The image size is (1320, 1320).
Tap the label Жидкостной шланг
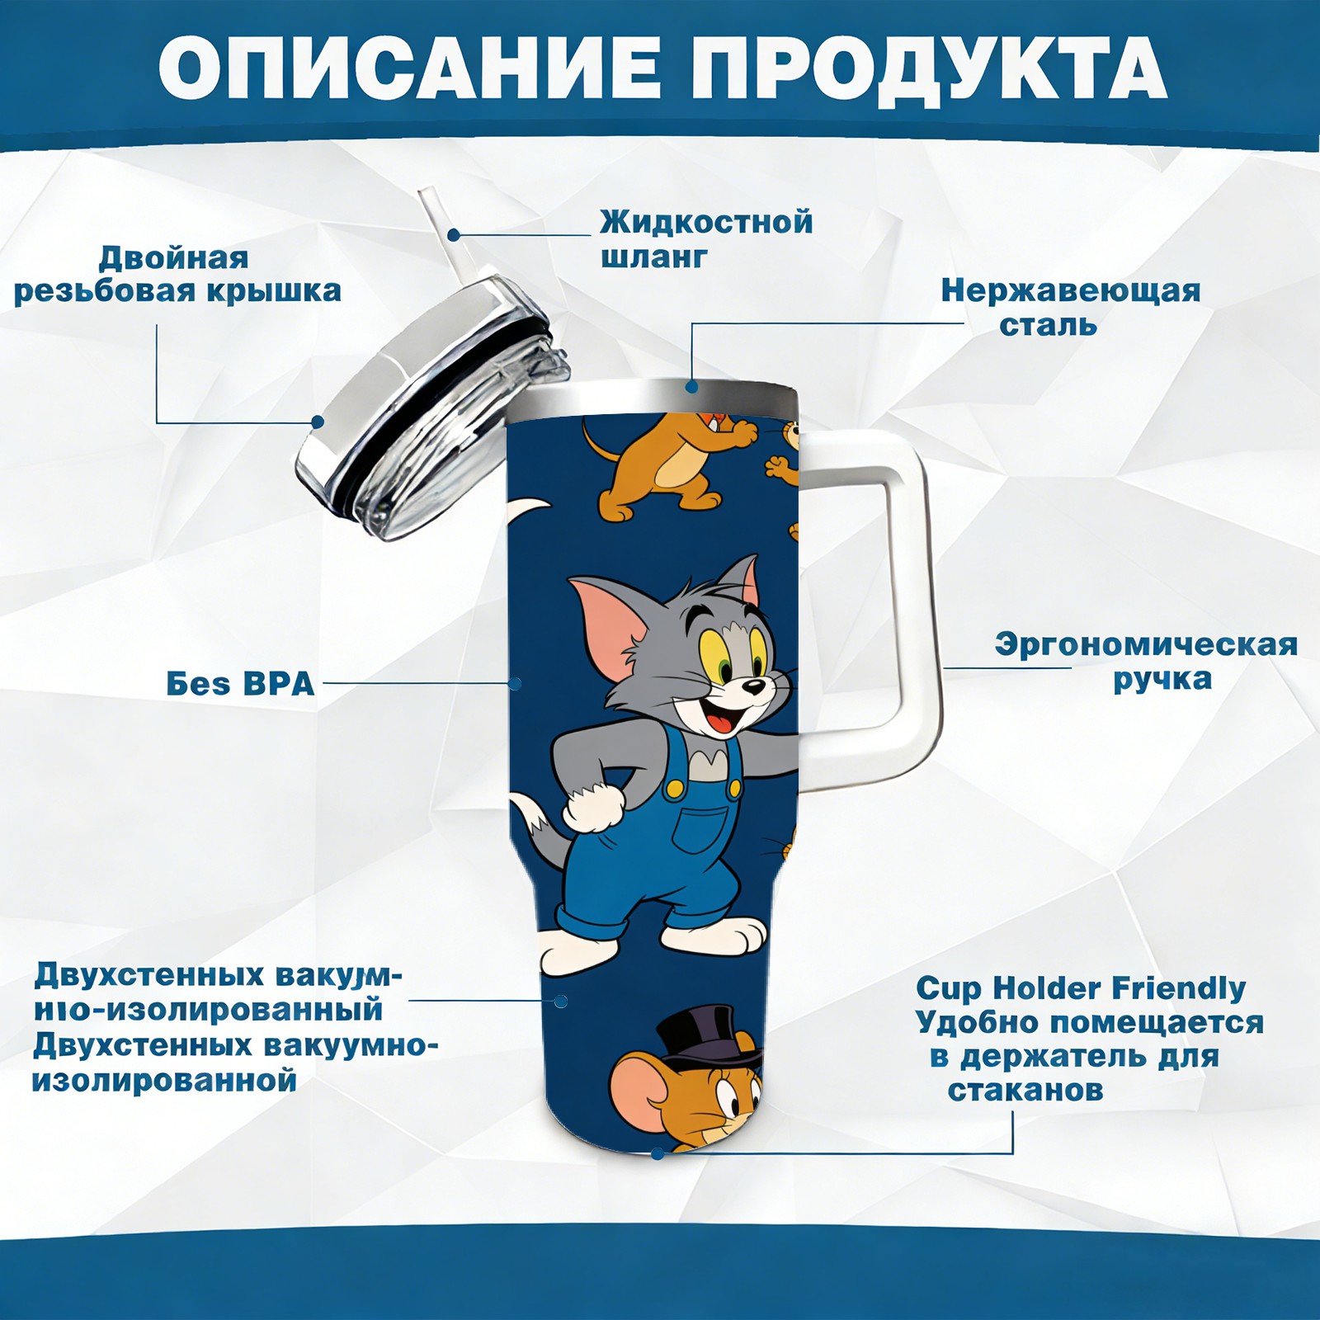pos(706,239)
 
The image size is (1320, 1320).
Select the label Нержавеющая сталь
pos(1071,307)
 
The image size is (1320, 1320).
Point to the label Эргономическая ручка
pos(1146,662)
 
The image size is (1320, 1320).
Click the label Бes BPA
pos(240,684)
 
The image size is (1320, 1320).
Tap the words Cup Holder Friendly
pos(1081,988)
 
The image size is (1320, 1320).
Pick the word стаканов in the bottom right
pos(1025,1090)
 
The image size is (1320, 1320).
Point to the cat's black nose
pos(752,686)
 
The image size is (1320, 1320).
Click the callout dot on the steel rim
pos(691,386)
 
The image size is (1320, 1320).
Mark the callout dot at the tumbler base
pos(658,1153)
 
